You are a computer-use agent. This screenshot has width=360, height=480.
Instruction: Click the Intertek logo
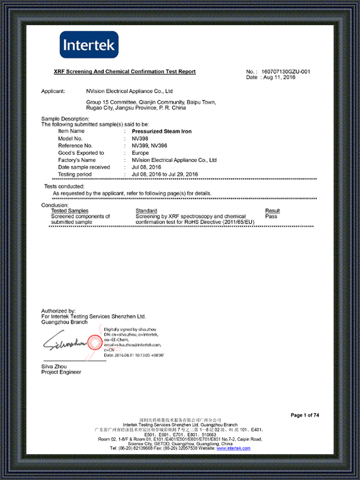click(89, 44)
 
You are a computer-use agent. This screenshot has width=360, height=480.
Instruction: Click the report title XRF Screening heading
click(125, 72)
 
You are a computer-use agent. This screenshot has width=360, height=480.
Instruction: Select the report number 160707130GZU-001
click(286, 72)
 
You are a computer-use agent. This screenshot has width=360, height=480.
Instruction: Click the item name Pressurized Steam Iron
click(161, 131)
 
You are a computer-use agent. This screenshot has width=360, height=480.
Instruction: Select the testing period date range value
click(164, 174)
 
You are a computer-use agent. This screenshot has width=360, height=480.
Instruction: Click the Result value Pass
click(271, 216)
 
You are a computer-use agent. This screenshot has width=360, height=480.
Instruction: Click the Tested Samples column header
click(70, 211)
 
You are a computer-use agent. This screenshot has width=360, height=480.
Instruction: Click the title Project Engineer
click(61, 373)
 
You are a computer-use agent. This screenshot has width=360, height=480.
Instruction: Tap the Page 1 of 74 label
click(305, 415)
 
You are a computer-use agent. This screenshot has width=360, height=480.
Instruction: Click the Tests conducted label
click(60, 187)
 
